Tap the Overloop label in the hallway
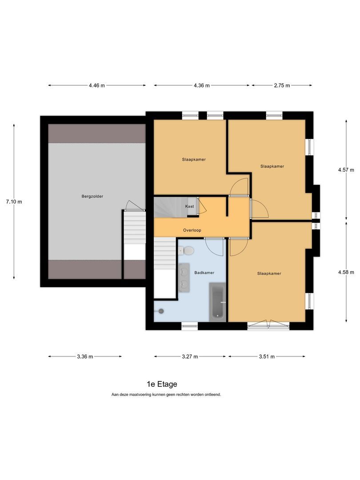click(192, 230)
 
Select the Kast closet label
click(189, 207)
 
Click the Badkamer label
click(202, 272)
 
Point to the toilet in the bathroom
click(188, 251)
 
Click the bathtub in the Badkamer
click(217, 301)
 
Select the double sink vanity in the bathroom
click(184, 278)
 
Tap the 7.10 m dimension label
click(14, 202)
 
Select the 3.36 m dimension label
click(84, 356)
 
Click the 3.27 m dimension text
click(190, 356)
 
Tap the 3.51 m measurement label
click(266, 356)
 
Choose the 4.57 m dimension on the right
click(346, 170)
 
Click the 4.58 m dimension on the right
click(346, 272)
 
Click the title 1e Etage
click(162, 384)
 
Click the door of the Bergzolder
click(135, 206)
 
